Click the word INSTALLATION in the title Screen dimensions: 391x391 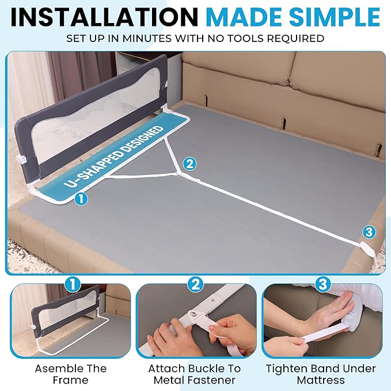[104, 17]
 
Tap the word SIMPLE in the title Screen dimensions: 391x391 [334, 17]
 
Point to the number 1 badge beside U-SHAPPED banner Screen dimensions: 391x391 [81, 199]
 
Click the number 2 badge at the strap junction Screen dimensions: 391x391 [189, 164]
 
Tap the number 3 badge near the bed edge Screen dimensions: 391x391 [369, 233]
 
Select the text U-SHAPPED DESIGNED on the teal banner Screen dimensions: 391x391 [113, 157]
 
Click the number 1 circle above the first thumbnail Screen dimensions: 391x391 [73, 284]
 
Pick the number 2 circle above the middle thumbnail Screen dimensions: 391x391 [196, 284]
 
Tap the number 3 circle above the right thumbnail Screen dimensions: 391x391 [323, 284]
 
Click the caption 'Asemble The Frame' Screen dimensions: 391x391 [71, 374]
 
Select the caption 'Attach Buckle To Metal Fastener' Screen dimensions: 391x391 [195, 374]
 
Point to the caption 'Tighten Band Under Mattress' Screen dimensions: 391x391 [321, 374]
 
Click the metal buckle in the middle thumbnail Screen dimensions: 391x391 [196, 317]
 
